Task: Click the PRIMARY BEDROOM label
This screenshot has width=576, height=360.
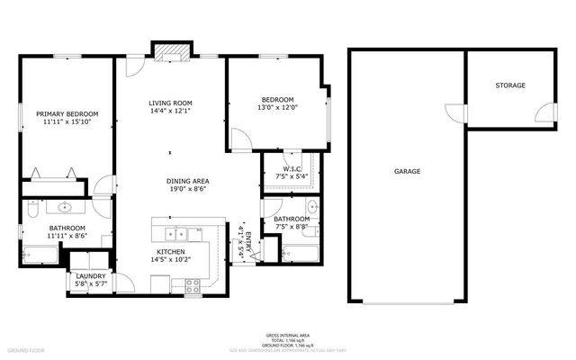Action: pos(67,113)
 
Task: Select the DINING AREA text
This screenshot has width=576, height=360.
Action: pos(187,181)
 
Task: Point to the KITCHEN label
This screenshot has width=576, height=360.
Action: pos(170,251)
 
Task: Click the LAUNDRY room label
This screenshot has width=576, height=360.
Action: pos(90,276)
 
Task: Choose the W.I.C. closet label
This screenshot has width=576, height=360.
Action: pos(292,168)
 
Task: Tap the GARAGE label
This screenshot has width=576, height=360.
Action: pos(407,171)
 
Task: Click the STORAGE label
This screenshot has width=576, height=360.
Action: pos(510,85)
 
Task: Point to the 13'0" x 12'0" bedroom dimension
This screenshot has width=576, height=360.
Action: pos(277,108)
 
